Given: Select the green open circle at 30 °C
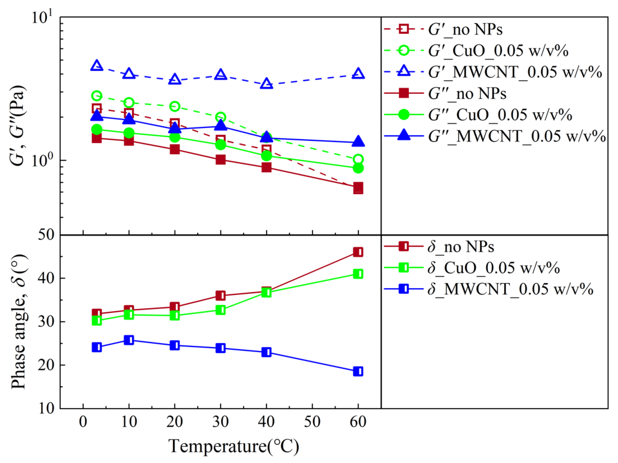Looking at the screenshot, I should (x=220, y=117).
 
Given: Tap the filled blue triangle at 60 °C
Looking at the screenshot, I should (x=358, y=142).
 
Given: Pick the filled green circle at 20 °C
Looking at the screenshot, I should (x=175, y=137).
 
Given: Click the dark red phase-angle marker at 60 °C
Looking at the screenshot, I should (x=358, y=252).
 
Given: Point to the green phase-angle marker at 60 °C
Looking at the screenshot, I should (x=358, y=274).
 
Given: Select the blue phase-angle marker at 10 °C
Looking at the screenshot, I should (x=129, y=340).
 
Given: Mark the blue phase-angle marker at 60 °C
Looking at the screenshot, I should (x=358, y=371).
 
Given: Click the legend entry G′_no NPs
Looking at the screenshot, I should (x=465, y=29).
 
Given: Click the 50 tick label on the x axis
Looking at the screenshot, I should (x=312, y=422).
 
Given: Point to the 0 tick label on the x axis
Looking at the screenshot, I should (x=83, y=422).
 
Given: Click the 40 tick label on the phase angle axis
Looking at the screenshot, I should (x=46, y=278).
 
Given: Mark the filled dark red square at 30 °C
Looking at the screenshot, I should (x=220, y=160).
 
